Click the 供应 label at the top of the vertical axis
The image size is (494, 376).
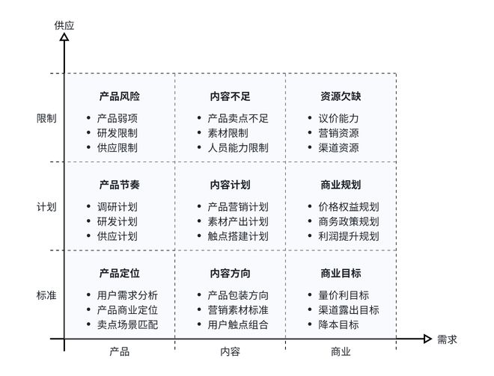pyautogui.click(x=64, y=25)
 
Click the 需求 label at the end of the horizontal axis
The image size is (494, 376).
pyautogui.click(x=447, y=339)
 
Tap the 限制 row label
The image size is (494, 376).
pyautogui.click(x=46, y=118)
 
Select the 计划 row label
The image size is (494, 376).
pyautogui.click(x=46, y=206)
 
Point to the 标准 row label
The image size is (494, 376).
pyautogui.click(x=46, y=295)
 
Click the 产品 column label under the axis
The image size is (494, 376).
pyautogui.click(x=120, y=351)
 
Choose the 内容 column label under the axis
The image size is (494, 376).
pyautogui.click(x=231, y=351)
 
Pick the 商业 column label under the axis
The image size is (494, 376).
pyautogui.click(x=341, y=351)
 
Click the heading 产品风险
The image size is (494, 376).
pyautogui.click(x=120, y=96)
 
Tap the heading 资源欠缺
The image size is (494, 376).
pyautogui.click(x=341, y=96)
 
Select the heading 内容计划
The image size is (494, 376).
pyautogui.click(x=231, y=185)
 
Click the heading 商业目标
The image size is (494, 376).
pyautogui.click(x=341, y=273)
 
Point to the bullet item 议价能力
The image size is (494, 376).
pyautogui.click(x=338, y=118)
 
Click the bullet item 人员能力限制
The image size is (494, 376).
pyautogui.click(x=237, y=147)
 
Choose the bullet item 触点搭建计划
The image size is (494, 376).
pyautogui.click(x=237, y=235)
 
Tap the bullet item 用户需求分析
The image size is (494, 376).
pyautogui.click(x=127, y=295)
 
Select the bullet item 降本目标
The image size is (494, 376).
pyautogui.click(x=338, y=324)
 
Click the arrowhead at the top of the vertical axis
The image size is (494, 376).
pyautogui.click(x=64, y=37)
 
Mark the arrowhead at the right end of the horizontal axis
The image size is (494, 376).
pyautogui.click(x=427, y=339)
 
